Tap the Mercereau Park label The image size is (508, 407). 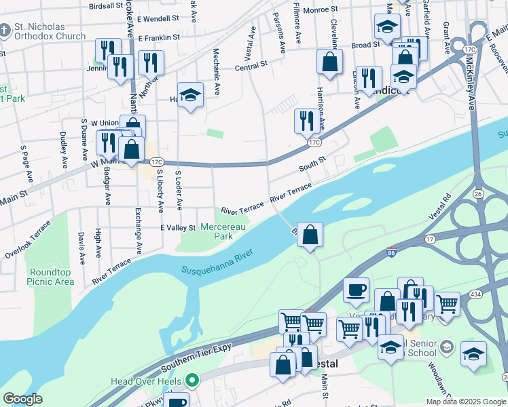223,231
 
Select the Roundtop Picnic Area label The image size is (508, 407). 51,277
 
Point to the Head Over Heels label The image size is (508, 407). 147,381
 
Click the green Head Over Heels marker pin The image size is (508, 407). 192,381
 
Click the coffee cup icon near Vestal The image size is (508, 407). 356,290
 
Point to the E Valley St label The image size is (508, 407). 178,227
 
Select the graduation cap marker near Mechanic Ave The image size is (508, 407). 191,96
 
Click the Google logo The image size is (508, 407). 22,398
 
